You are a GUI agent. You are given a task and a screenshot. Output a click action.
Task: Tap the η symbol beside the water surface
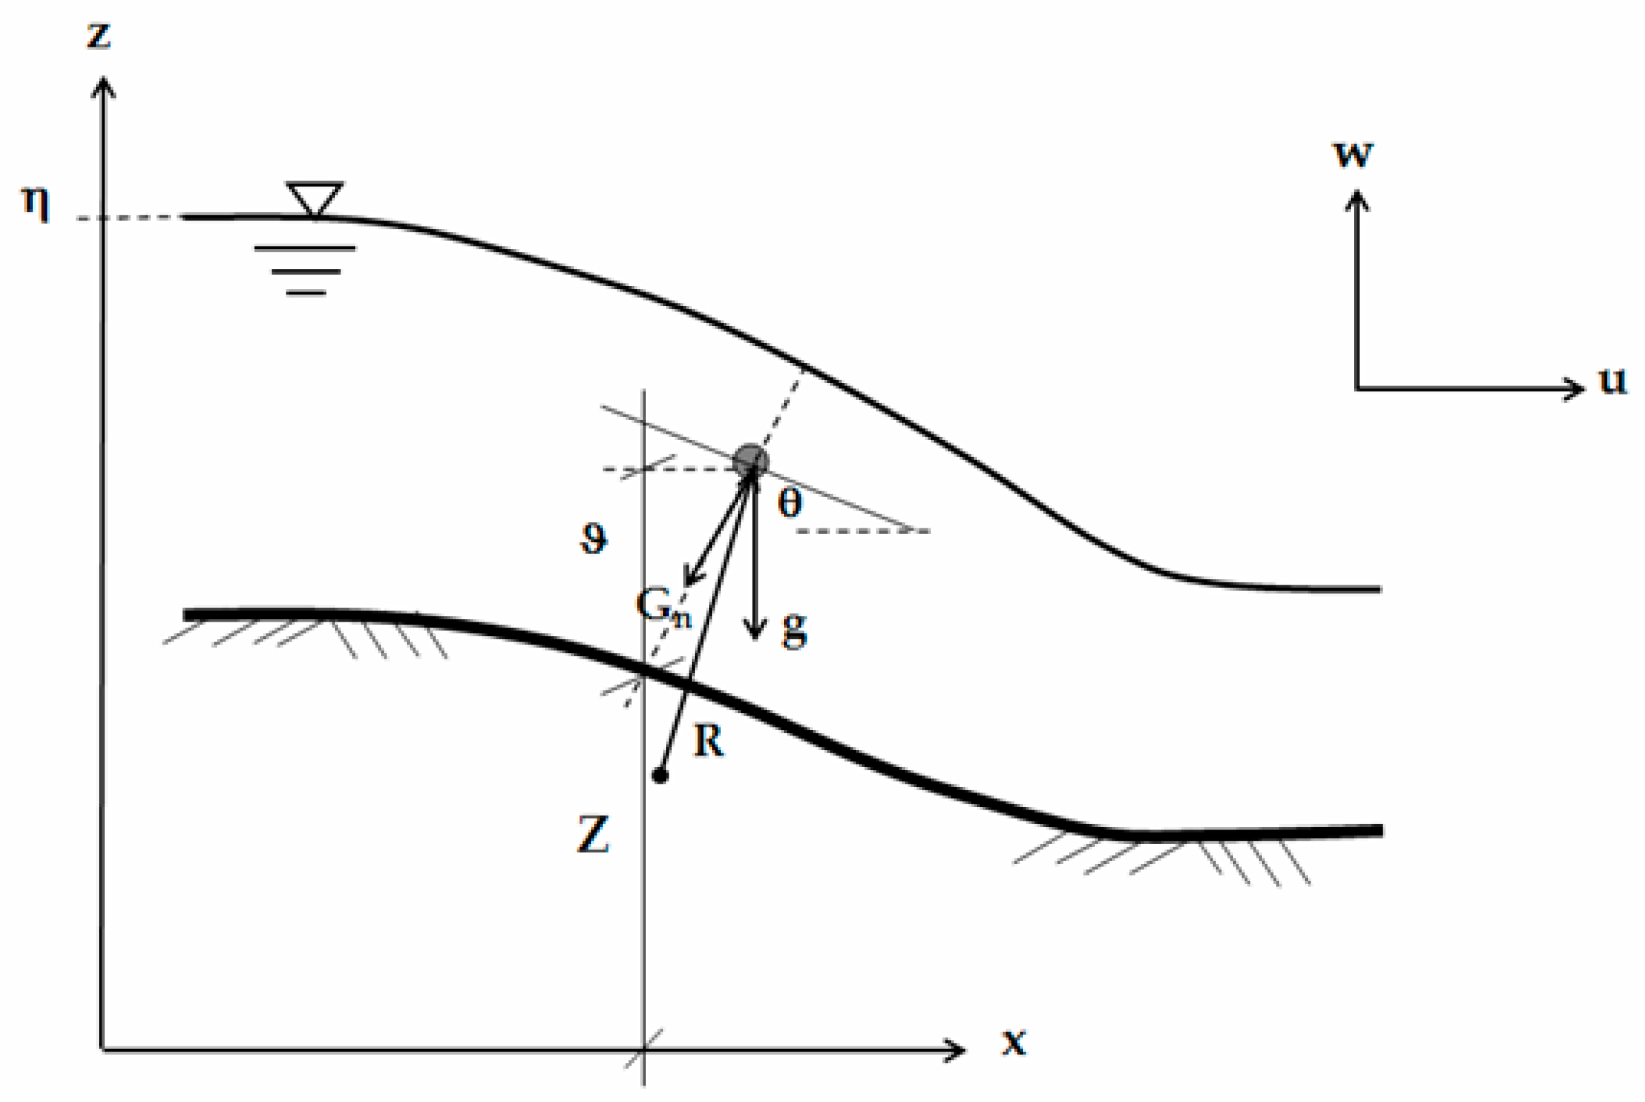[36, 204]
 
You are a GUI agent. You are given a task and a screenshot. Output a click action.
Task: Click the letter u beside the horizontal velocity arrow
[1613, 380]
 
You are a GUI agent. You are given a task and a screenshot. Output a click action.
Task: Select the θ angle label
[790, 503]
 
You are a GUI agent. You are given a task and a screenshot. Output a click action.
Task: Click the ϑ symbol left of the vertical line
[594, 539]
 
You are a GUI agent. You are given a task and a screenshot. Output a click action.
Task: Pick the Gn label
[663, 606]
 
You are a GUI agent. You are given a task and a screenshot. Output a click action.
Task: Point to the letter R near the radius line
[708, 741]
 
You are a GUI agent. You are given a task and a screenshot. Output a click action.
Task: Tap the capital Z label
[593, 835]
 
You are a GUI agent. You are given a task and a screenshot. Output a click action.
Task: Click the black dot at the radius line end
[659, 776]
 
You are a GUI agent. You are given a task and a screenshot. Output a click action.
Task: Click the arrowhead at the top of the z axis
[104, 86]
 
